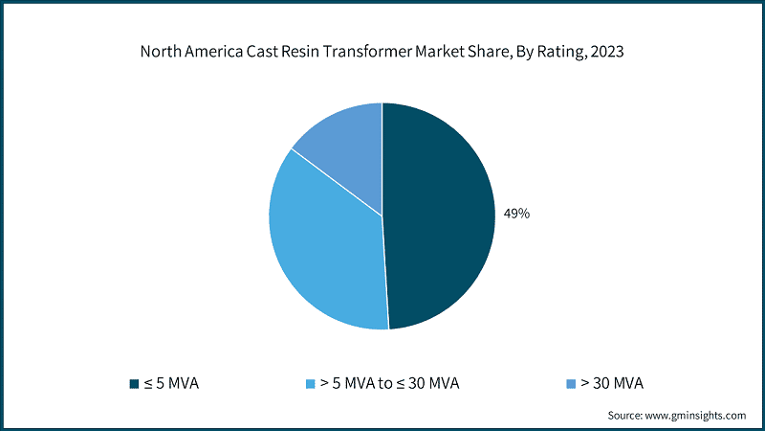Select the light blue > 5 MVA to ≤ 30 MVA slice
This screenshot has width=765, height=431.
click(320, 249)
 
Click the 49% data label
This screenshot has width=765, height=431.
click(517, 214)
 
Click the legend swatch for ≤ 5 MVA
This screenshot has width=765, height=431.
click(134, 384)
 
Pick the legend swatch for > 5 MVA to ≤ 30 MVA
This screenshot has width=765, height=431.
click(310, 384)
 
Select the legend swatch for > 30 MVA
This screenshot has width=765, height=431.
click(570, 384)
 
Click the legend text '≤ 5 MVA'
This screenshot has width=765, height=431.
click(172, 384)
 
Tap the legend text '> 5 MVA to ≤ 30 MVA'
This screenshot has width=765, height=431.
click(390, 384)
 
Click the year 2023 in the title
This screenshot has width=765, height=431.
click(607, 53)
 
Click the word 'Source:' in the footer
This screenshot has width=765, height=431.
click(626, 415)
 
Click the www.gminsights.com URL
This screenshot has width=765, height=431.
click(696, 415)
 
